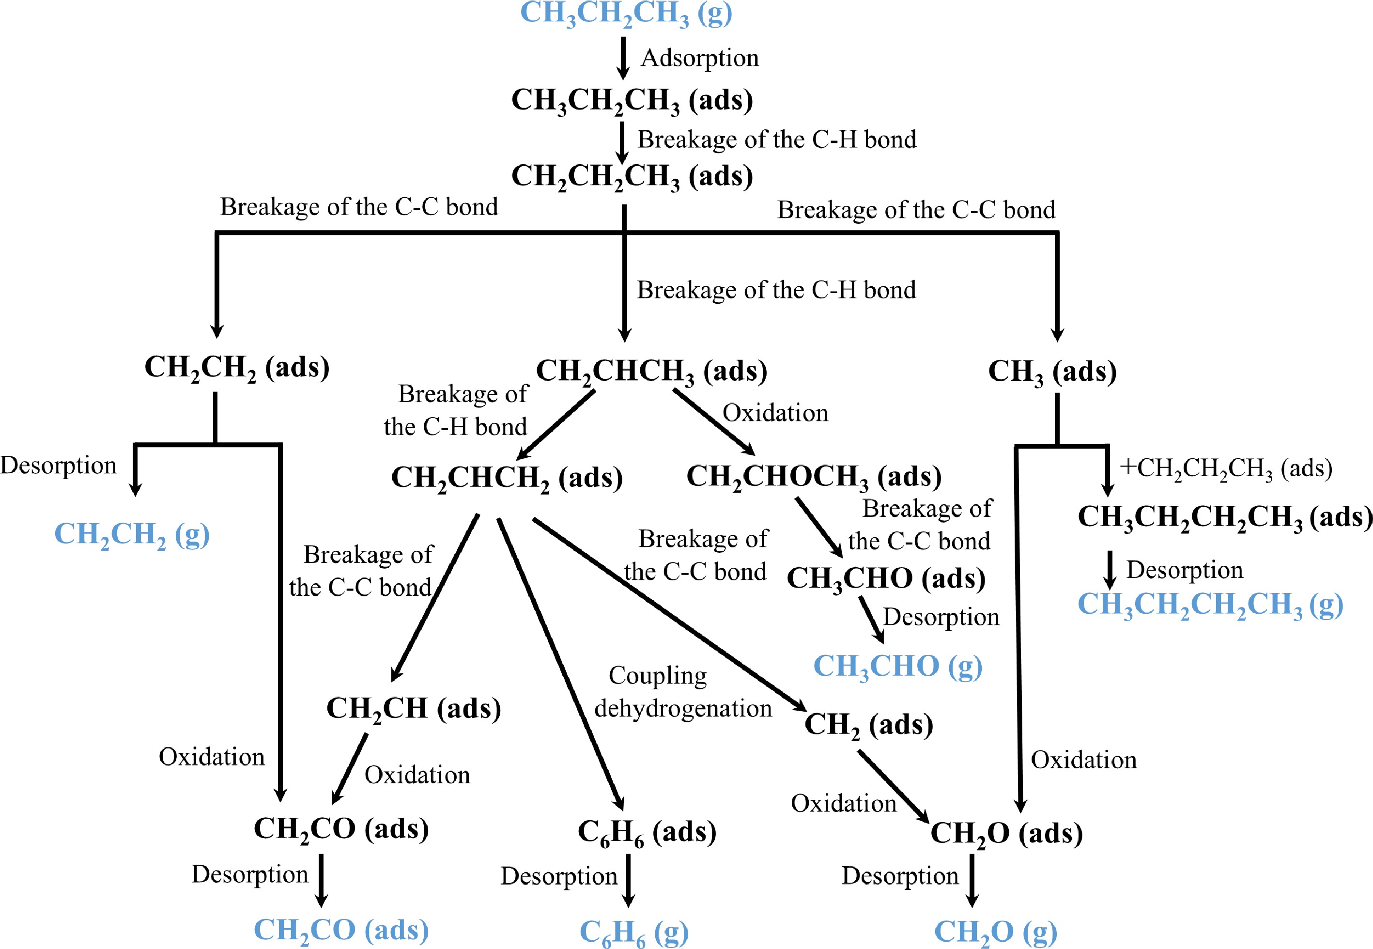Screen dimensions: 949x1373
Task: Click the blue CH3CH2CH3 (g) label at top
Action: (626, 13)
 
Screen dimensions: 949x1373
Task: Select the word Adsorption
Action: (699, 58)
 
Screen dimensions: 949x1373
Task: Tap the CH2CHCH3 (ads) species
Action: (651, 371)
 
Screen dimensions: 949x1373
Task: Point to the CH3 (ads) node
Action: (1052, 372)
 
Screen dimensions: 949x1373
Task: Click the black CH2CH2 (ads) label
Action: (236, 368)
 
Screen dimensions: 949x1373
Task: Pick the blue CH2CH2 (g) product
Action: (131, 534)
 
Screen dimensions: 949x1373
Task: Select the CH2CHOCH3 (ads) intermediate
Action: (814, 477)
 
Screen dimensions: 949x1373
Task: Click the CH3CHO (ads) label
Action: (886, 578)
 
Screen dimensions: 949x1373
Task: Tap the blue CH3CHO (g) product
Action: (897, 666)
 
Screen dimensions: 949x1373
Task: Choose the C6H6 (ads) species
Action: (647, 831)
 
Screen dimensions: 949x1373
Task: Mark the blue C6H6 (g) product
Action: (633, 931)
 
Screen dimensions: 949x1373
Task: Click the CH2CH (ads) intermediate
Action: (414, 709)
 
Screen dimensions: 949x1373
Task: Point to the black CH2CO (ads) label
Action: (341, 828)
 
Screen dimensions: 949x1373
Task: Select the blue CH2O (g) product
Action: (996, 931)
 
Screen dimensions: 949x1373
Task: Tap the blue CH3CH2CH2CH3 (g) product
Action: (1210, 604)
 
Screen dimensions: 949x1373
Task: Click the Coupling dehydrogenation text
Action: (682, 692)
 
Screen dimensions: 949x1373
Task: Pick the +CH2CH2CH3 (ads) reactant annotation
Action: (1226, 468)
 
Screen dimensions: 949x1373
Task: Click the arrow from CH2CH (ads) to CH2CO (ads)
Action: (350, 768)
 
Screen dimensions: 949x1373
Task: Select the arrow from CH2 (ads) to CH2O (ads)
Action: (893, 786)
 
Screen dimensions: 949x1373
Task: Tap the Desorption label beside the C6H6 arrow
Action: (559, 876)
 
